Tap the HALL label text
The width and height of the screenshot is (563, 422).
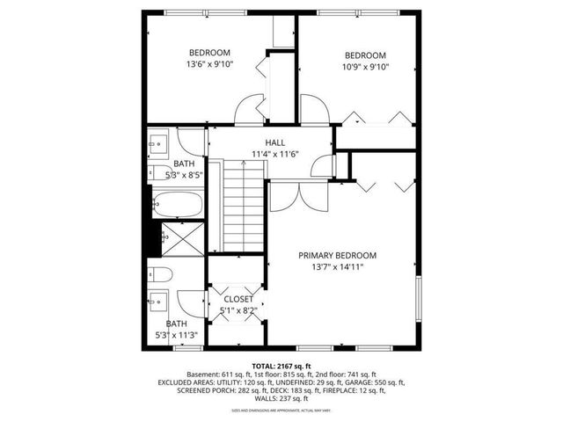pyautogui.click(x=275, y=142)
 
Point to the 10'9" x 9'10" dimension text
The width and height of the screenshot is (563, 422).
pyautogui.click(x=366, y=66)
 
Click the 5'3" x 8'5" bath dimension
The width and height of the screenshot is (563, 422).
pyautogui.click(x=184, y=174)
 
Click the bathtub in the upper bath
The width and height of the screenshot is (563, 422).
pyautogui.click(x=177, y=205)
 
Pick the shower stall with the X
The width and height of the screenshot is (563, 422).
pyautogui.click(x=182, y=237)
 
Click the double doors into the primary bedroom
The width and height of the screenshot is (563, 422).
pyautogui.click(x=290, y=195)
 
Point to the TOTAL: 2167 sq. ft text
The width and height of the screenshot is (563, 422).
pyautogui.click(x=281, y=365)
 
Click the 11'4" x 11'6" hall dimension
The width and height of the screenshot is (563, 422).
pyautogui.click(x=275, y=154)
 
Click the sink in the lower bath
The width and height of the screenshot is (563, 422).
pyautogui.click(x=160, y=301)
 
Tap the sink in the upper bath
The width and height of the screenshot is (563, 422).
pyautogui.click(x=159, y=143)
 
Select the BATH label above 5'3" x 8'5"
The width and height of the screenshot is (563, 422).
pyautogui.click(x=184, y=164)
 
